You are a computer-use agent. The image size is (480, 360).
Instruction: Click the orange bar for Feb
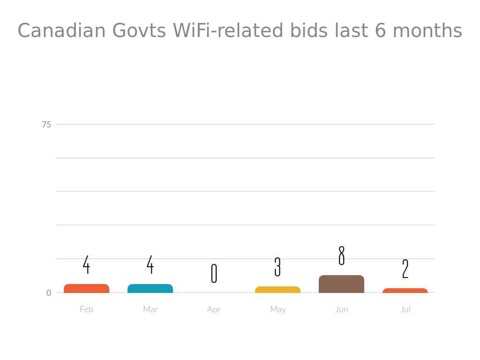(x=86, y=288)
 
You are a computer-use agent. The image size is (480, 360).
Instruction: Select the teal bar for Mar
(x=150, y=288)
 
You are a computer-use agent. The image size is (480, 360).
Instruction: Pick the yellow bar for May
(x=277, y=290)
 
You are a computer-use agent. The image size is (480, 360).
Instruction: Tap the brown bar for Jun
(x=341, y=284)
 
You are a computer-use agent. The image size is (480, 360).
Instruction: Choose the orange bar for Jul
(x=405, y=291)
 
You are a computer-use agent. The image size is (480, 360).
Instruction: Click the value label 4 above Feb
(x=86, y=265)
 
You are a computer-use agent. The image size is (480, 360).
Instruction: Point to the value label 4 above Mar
(x=150, y=265)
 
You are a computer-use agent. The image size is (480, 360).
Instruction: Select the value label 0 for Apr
(x=214, y=273)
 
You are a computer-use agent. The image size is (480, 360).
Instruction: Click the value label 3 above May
(x=277, y=267)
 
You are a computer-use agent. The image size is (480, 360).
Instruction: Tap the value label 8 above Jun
(x=341, y=255)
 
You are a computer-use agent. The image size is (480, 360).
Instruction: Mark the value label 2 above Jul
(x=405, y=269)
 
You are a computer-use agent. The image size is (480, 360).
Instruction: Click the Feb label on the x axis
(x=86, y=309)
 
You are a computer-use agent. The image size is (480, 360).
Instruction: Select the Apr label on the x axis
(x=214, y=309)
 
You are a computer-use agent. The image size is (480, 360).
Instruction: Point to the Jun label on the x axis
(x=341, y=309)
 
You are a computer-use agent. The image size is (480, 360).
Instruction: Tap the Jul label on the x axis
(x=405, y=309)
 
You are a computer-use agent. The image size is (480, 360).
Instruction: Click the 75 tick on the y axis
(x=46, y=124)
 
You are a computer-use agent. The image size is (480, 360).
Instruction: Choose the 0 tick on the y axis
(x=49, y=293)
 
